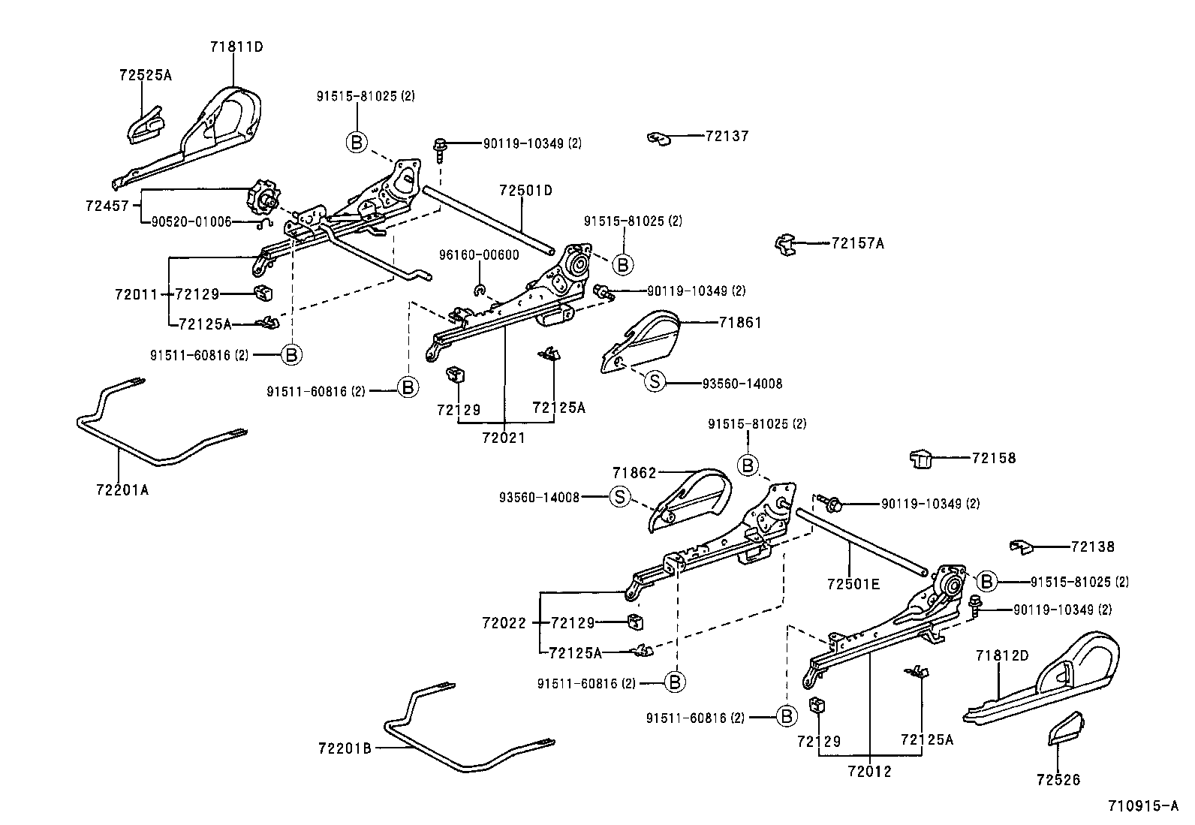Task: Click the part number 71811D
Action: point(236,47)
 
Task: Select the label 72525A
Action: point(145,75)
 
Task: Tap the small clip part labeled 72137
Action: point(658,139)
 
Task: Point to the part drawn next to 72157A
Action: point(784,244)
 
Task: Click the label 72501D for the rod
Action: point(525,191)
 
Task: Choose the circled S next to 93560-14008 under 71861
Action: point(655,382)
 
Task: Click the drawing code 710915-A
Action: point(1143,807)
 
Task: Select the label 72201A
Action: point(122,489)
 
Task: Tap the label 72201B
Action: point(345,748)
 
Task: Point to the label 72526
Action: point(1058,780)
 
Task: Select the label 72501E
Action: point(853,583)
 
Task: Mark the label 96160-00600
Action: point(479,255)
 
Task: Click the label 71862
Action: point(634,473)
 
